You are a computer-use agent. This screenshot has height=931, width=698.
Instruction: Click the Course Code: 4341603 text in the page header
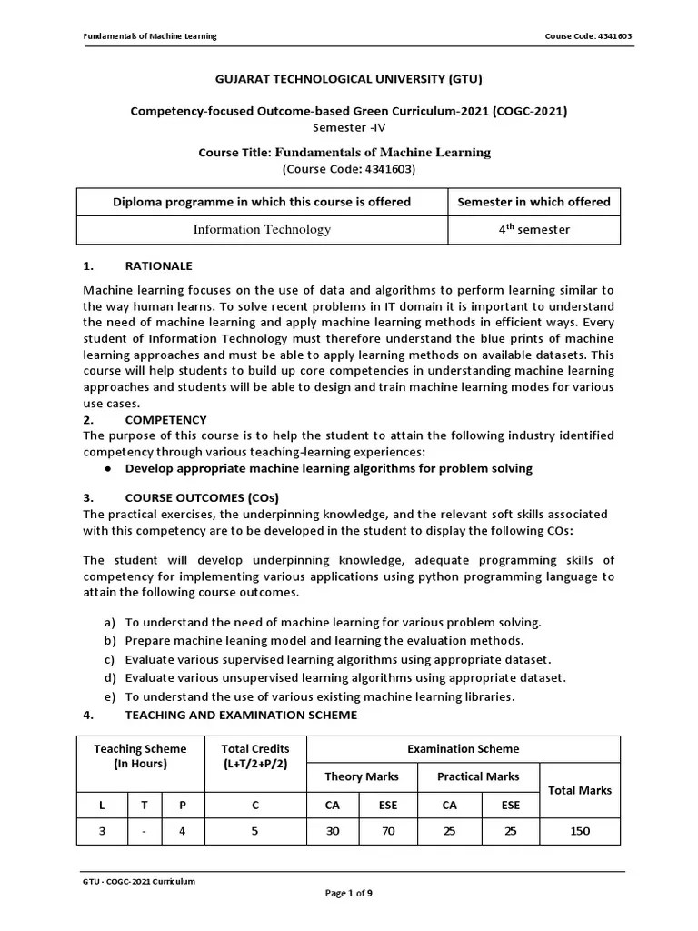tap(588, 36)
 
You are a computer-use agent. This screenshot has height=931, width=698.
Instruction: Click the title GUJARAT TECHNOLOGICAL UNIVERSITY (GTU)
tap(348, 78)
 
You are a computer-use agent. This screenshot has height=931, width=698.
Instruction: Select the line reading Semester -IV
tap(348, 127)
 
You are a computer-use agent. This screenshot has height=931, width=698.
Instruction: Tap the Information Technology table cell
tap(262, 230)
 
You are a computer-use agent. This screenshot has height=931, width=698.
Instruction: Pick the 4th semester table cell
tap(533, 230)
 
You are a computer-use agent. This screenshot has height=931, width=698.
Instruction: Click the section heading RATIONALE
tap(158, 266)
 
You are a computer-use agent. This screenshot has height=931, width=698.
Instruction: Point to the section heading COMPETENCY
tap(165, 420)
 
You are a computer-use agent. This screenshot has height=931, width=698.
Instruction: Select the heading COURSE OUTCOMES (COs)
tap(202, 498)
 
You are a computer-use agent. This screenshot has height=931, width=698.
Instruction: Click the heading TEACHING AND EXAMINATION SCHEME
tap(241, 716)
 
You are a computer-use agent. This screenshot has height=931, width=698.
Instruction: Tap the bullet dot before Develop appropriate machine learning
tap(108, 469)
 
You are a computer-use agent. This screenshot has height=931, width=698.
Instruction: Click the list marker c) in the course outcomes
tap(110, 660)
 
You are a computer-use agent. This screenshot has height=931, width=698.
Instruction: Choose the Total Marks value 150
tap(580, 831)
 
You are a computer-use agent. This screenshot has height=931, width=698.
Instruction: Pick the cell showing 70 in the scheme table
tap(388, 831)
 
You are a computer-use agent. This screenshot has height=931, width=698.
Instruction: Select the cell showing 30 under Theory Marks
tap(334, 831)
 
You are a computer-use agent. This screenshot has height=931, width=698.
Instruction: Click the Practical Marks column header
tap(478, 776)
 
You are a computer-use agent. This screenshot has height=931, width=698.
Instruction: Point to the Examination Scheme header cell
tap(464, 749)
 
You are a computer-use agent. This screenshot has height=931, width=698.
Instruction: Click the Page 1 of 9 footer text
tap(348, 894)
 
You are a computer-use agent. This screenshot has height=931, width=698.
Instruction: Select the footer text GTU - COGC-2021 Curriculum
tap(138, 881)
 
